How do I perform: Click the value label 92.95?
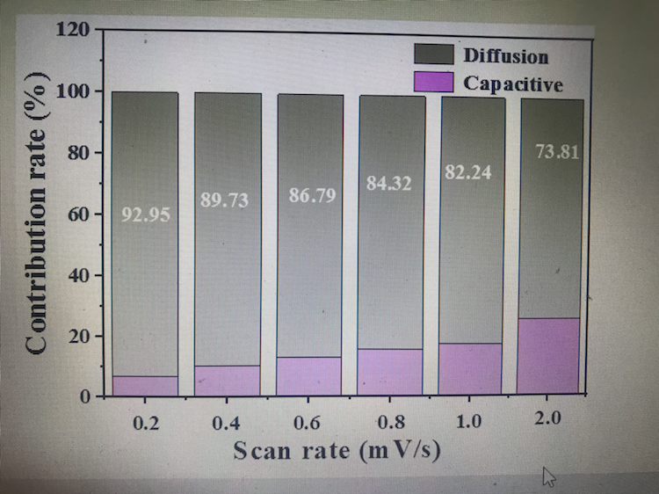pos(145,214)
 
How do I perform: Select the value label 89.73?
pos(225,201)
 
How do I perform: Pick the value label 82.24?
pos(467,173)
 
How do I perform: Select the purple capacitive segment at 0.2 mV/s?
pos(145,386)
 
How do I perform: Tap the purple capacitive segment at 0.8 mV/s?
pos(390,371)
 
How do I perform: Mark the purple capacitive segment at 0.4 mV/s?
pos(227,380)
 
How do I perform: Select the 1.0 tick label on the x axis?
pos(468,421)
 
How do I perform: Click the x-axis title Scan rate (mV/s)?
pos(337,451)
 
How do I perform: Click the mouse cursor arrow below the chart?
pos(548,477)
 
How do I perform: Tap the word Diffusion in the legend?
pos(505,55)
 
